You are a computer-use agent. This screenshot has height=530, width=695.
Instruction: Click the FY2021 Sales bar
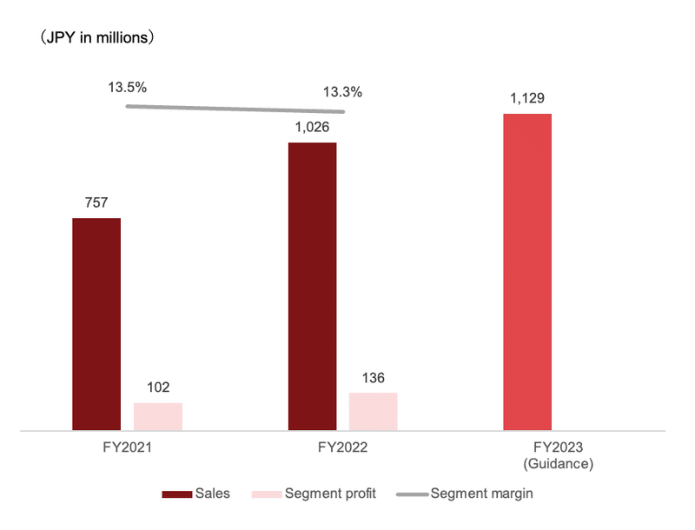96,323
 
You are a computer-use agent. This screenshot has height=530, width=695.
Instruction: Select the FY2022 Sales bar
312,286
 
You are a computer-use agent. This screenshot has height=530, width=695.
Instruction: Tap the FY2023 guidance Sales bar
527,271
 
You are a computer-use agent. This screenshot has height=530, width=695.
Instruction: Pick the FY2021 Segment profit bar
158,416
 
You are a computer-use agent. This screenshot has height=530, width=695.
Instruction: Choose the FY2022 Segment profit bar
373,411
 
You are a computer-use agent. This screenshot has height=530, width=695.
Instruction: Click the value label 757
96,202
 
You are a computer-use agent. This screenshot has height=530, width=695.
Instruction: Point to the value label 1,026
312,127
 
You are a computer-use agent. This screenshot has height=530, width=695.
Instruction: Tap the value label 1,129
527,97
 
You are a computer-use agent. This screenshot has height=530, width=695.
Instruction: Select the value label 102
158,388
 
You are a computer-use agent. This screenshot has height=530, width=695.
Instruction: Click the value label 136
373,378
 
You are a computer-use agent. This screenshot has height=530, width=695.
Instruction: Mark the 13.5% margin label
127,87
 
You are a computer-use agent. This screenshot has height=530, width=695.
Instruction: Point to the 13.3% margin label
342,91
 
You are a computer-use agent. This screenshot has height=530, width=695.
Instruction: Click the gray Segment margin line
235,109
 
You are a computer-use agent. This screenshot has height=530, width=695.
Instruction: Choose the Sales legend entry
196,494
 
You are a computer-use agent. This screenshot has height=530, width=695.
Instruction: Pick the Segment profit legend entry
314,494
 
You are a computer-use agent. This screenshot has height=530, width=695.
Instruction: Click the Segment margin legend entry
465,494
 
